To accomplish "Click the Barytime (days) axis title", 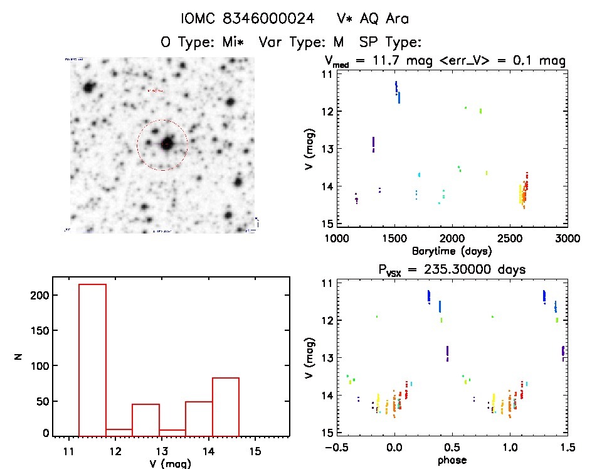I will (x=452, y=251).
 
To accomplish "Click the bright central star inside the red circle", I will (x=166, y=144).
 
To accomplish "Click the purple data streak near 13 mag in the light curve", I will (x=373, y=144).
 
